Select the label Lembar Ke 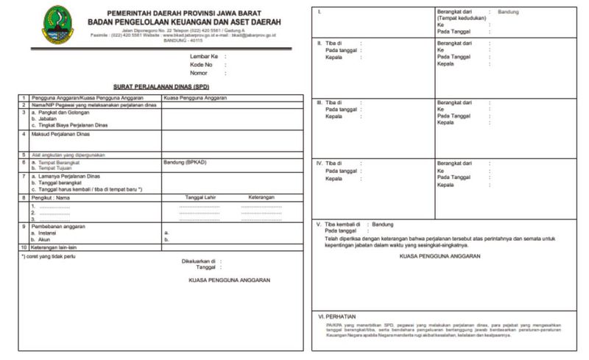pos(204,56)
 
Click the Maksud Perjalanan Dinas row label pos(63,135)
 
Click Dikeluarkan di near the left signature pos(197,261)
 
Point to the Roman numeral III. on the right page pos(320,102)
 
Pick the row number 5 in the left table pos(24,155)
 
